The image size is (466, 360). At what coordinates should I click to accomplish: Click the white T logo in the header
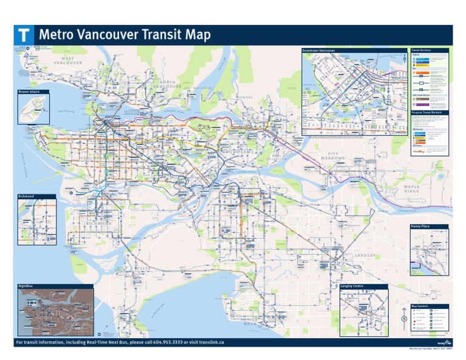coord(24,35)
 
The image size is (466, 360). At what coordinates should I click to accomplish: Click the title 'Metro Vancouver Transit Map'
coord(124,35)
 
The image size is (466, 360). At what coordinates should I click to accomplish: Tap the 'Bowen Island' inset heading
coord(29,92)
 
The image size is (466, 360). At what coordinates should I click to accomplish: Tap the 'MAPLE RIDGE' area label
coord(412,188)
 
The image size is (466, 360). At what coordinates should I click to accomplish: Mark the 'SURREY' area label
coord(262,225)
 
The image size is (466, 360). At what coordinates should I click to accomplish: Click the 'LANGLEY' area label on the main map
coord(365,256)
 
